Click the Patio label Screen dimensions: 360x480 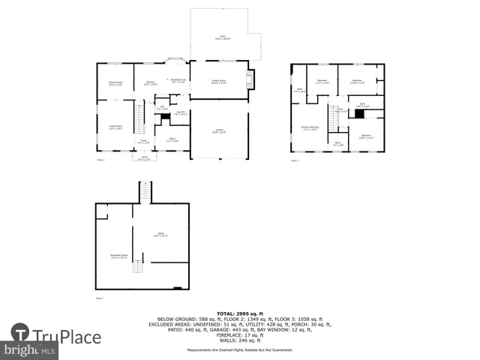click(x=223, y=37)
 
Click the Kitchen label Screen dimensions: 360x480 click(x=150, y=83)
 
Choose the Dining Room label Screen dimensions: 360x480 click(x=115, y=83)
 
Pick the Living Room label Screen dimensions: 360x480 click(x=115, y=128)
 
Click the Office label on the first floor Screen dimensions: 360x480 click(x=172, y=139)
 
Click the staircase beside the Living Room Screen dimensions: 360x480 click(x=139, y=117)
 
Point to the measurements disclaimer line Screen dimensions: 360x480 click(x=240, y=350)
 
